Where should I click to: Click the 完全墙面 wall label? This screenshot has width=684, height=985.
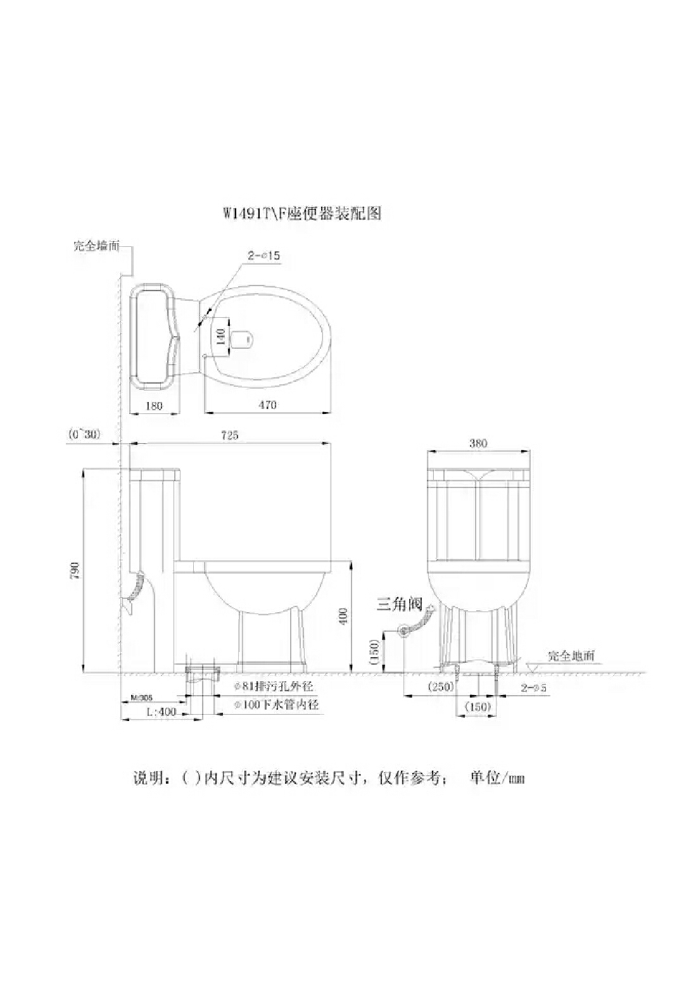(96, 246)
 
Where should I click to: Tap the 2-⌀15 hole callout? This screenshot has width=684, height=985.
(263, 256)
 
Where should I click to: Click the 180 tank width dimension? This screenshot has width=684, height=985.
(154, 406)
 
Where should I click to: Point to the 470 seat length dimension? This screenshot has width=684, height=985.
(267, 405)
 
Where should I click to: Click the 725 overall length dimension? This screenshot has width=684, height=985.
(229, 435)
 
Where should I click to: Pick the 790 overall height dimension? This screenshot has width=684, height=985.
(75, 570)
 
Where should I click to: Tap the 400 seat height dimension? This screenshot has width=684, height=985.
(343, 616)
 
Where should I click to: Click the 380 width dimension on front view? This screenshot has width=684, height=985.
(478, 443)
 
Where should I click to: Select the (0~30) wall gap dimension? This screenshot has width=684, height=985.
(84, 435)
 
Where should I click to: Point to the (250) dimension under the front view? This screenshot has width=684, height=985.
(441, 687)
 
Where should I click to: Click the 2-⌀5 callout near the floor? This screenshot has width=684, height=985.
(533, 687)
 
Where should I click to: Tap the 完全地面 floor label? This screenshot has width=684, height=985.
(571, 656)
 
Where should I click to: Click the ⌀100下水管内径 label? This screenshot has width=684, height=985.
(276, 705)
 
